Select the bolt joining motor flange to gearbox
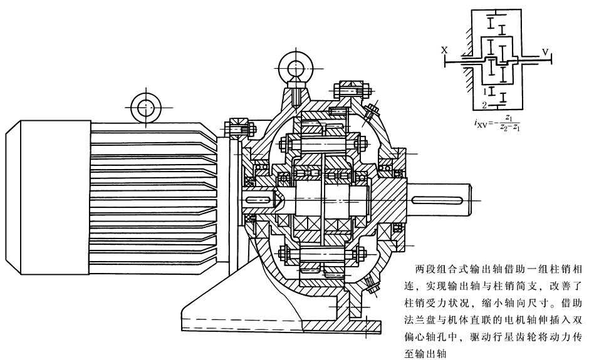pyautogui.click(x=239, y=128)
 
